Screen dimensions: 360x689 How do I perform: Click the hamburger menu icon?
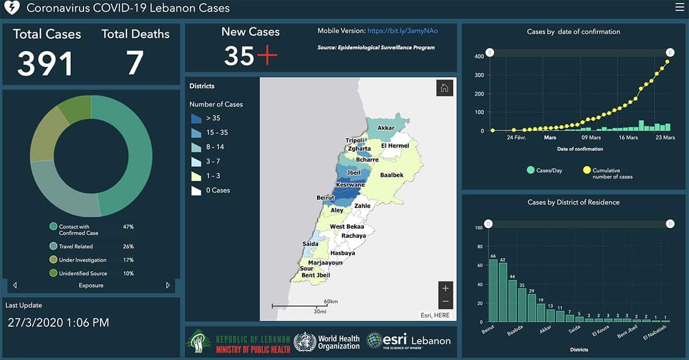pos(679,7)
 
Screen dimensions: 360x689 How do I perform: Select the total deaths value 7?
pos(135,63)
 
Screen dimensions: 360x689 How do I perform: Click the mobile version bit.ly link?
pos(403,31)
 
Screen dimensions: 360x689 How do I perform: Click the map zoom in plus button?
pos(445,288)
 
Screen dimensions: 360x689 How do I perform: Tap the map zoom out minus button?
pos(445,301)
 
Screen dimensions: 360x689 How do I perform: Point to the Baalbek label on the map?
pos(391,175)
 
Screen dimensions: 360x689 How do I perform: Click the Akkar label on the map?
pos(386,128)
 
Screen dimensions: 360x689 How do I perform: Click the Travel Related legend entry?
pos(75,246)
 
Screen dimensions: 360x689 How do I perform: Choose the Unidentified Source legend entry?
pos(83,273)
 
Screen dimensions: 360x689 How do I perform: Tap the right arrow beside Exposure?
pos(168,285)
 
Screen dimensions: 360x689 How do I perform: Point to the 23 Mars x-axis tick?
pos(665,138)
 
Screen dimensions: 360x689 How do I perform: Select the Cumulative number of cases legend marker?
pos(586,171)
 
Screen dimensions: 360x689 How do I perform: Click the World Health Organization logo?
pos(327,342)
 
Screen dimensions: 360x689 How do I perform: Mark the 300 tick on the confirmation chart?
pos(479,75)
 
